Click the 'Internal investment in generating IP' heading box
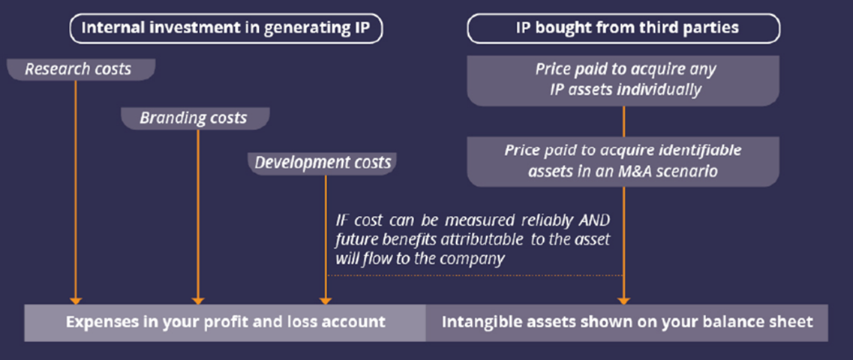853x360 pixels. click(226, 28)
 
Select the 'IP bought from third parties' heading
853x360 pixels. click(623, 28)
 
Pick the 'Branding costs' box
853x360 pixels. click(195, 118)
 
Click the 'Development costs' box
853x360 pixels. click(323, 163)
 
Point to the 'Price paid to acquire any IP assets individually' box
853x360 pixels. click(623, 80)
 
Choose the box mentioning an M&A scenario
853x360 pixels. click(623, 161)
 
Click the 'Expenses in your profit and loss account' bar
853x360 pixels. click(225, 322)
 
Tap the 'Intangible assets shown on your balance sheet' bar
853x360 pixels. click(627, 322)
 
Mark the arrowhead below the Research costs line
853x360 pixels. click(76, 301)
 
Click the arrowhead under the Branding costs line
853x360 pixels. click(198, 301)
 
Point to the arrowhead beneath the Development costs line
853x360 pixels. click(326, 301)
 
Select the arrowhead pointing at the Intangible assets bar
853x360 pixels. click(623, 301)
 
